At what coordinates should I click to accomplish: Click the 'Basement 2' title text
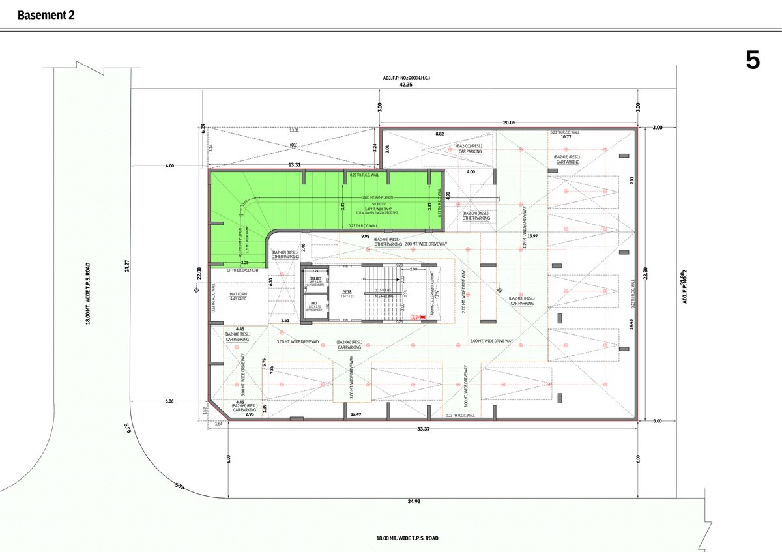click(46, 15)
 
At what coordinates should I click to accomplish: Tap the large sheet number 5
click(753, 61)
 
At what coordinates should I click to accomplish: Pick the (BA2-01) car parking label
click(469, 149)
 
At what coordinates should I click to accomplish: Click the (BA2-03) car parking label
click(523, 300)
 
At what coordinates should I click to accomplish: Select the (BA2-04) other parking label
click(476, 216)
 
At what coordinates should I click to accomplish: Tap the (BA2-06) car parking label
click(350, 345)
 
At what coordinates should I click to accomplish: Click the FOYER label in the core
click(347, 293)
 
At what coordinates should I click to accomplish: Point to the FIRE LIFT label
click(315, 278)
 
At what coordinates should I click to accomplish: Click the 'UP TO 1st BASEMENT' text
click(243, 270)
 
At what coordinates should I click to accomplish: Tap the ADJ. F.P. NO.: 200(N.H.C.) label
click(407, 78)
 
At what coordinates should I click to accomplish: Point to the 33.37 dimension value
click(424, 428)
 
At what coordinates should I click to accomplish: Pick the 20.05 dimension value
click(509, 122)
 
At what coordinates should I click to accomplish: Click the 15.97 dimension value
click(532, 236)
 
